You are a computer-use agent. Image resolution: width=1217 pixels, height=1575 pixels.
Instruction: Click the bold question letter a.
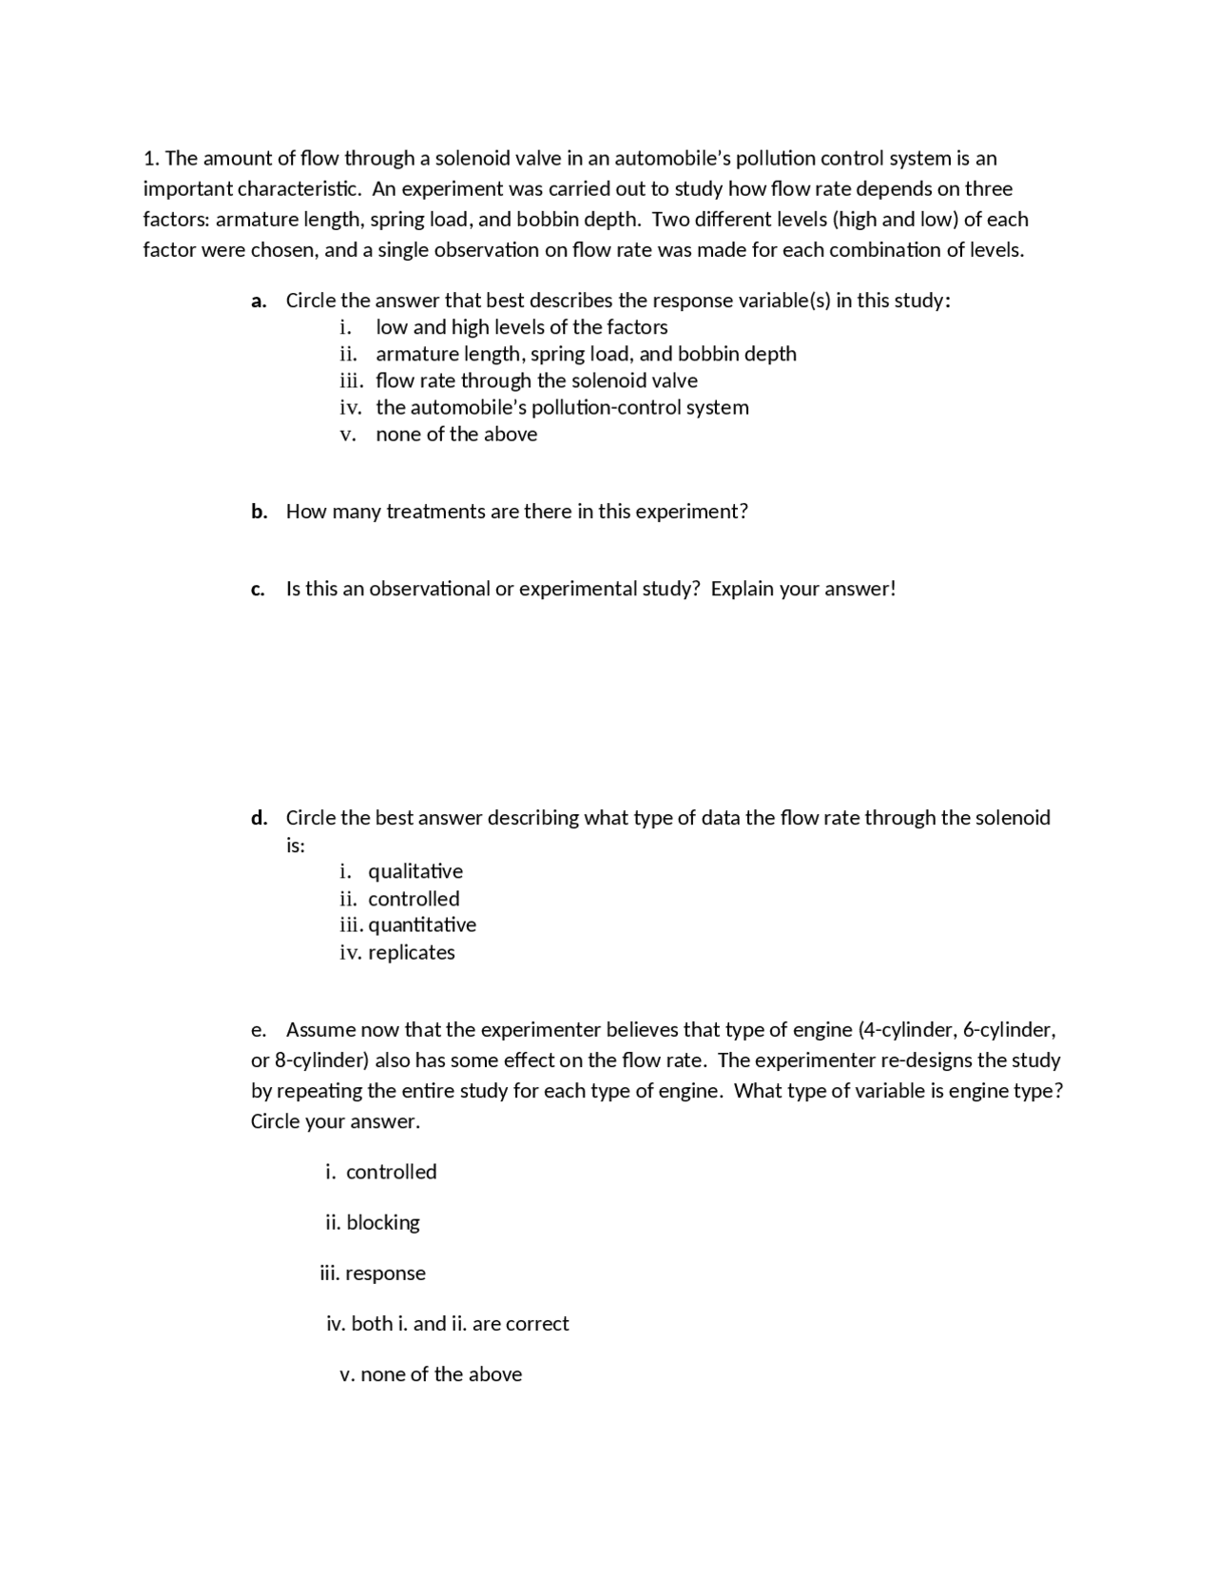coord(258,301)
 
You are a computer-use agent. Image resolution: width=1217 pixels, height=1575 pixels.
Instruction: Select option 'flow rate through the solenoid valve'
coord(536,380)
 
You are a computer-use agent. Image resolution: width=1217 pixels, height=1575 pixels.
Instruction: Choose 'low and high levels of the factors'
coord(521,327)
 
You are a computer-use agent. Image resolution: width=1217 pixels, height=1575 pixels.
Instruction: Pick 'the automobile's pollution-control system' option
coord(562,407)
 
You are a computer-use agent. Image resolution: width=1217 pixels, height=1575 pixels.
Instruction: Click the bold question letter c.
coord(258,590)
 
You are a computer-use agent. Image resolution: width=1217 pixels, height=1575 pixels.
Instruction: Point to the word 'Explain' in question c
coord(743,589)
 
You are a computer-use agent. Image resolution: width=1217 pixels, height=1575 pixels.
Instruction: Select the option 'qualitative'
coord(415,871)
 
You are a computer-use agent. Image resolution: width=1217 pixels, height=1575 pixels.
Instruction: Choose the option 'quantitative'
coord(421,924)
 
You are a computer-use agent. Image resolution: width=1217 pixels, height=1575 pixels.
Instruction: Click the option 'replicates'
coord(411,952)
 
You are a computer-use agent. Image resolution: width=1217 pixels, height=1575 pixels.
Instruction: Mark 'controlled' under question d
coord(413,899)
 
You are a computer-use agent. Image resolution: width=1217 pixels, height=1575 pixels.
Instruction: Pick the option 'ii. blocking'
coord(372,1222)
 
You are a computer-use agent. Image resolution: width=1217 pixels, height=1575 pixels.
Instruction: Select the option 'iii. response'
coord(373,1273)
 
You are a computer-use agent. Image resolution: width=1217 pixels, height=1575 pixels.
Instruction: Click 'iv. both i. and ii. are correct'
coord(447,1323)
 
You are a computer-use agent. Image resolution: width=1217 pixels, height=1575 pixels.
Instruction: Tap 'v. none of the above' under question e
coord(431,1374)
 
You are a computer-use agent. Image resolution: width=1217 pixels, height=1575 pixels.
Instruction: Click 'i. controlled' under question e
coord(380,1172)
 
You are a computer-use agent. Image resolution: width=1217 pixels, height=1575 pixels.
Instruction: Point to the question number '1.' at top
coord(151,158)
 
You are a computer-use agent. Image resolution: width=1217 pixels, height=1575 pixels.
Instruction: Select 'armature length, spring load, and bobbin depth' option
coord(586,354)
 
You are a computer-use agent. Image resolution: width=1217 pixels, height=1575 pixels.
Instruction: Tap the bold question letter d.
coord(259,818)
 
